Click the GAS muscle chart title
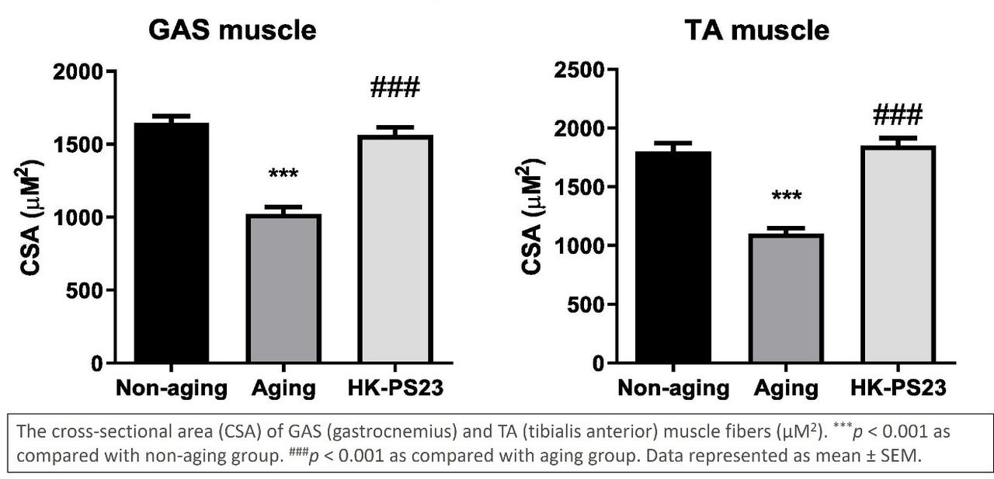click(232, 30)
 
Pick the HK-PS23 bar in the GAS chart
click(394, 248)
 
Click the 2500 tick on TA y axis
click(579, 71)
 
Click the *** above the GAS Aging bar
click(283, 174)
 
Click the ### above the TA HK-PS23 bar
click(897, 116)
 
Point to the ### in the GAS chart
click(394, 88)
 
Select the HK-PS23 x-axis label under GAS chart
click(394, 388)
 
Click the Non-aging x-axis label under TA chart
click(673, 388)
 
